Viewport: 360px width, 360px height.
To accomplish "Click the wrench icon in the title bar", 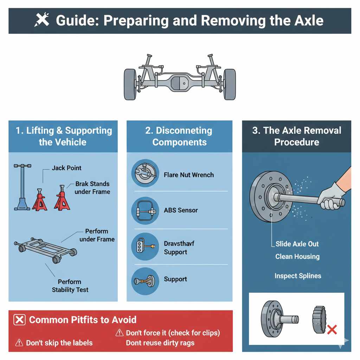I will tap(42, 20).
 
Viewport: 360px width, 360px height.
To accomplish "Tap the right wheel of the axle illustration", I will tap(230, 84).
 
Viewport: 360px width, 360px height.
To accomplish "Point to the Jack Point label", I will tap(66, 168).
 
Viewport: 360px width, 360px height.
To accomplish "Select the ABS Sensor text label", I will tap(181, 210).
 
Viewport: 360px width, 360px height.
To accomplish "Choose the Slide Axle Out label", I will tap(297, 244).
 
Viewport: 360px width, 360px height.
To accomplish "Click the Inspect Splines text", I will tap(298, 276).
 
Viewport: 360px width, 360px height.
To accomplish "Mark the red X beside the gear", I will tap(332, 329).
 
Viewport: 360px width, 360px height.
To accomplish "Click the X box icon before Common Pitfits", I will tap(20, 320).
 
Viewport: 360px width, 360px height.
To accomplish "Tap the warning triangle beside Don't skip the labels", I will tap(20, 343).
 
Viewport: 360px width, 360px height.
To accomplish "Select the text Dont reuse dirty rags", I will tap(160, 343).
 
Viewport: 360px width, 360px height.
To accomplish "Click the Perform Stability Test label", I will tap(70, 286).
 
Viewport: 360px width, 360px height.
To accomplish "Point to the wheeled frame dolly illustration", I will tap(46, 248).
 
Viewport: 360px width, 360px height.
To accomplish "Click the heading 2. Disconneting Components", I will tap(179, 136).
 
